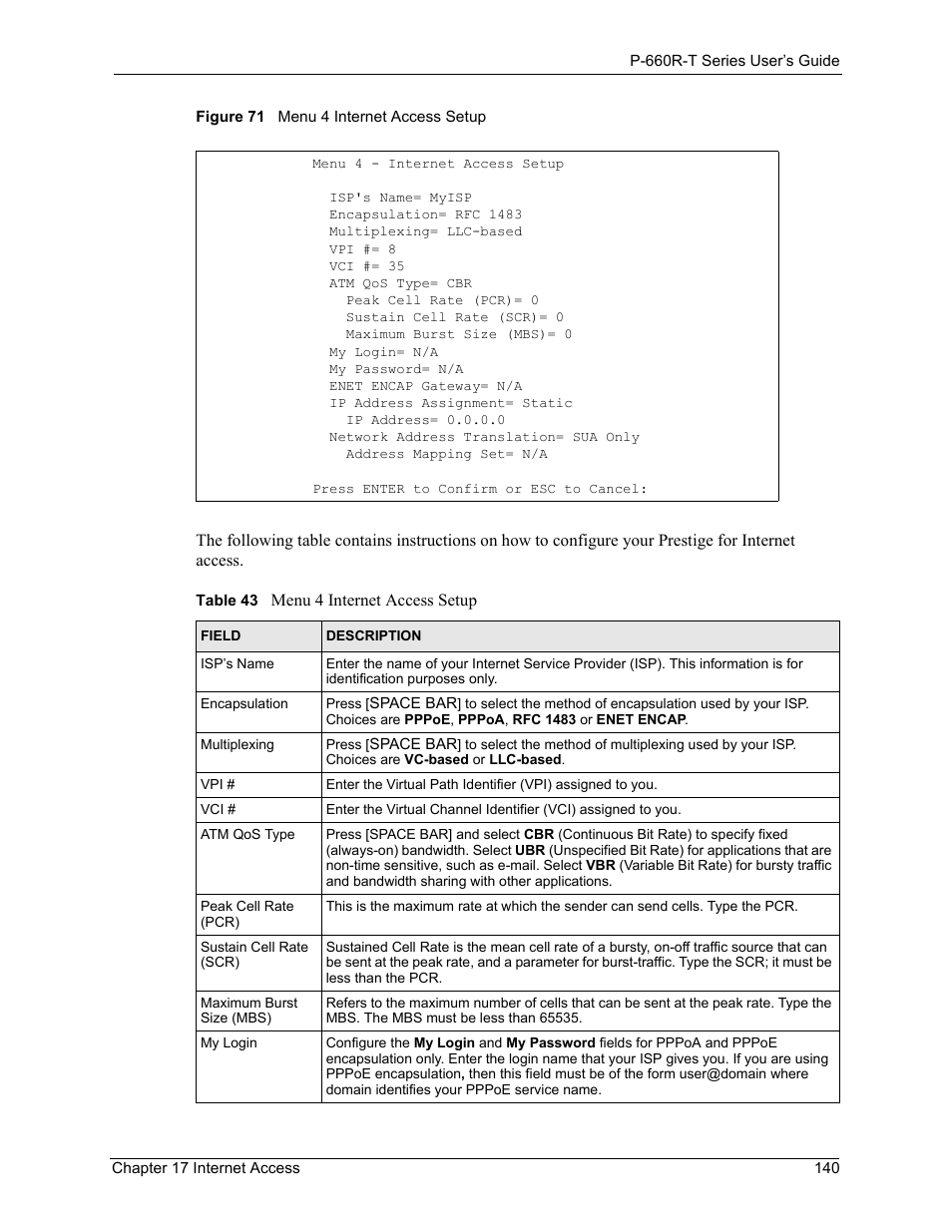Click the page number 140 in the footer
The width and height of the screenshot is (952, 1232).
826,1167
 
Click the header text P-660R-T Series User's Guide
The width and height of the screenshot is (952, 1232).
734,60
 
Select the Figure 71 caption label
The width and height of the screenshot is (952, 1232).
230,117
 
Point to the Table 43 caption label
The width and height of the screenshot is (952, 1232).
227,601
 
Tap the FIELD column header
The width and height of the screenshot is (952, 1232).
221,635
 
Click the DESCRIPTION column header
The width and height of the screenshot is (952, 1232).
373,635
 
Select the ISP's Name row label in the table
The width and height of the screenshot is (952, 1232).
237,663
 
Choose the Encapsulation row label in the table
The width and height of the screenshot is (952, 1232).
243,703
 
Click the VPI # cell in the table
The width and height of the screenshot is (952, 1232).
218,784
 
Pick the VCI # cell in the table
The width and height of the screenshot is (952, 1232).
218,809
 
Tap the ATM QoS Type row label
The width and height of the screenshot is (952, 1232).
247,834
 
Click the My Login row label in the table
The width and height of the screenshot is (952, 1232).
229,1042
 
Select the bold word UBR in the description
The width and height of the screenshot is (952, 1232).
530,850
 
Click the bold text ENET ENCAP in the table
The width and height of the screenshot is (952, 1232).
641,719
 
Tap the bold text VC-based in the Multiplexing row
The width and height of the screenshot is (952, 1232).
436,759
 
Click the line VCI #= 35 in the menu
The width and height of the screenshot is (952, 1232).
366,266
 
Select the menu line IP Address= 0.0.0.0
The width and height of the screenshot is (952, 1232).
425,420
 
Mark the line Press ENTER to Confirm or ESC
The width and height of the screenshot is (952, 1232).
480,489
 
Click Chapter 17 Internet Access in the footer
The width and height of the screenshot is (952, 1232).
206,1167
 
